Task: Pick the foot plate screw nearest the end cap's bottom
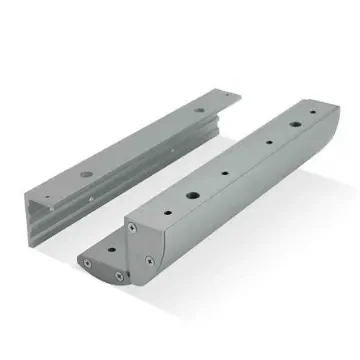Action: (119, 275)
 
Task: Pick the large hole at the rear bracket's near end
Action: (87, 174)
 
